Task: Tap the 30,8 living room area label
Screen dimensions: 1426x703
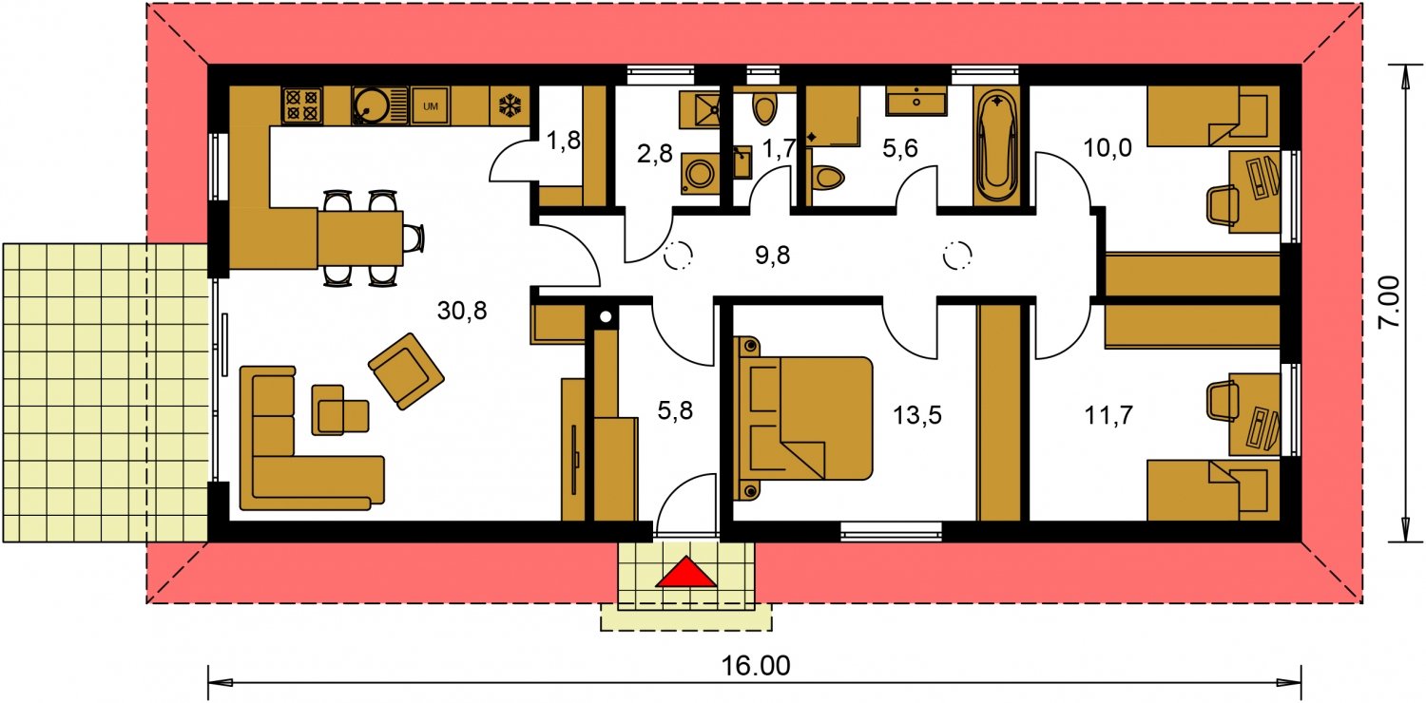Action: click(x=462, y=311)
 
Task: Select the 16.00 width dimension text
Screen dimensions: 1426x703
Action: click(x=756, y=666)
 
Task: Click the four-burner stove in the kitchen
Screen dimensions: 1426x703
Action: click(x=301, y=105)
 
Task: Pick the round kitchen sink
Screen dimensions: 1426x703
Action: click(x=368, y=105)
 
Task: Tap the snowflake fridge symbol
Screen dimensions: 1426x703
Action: click(x=510, y=105)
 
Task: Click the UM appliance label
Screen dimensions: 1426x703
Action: click(x=431, y=106)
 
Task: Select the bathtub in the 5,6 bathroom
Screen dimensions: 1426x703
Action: click(x=996, y=145)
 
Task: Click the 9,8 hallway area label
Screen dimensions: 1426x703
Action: click(x=772, y=256)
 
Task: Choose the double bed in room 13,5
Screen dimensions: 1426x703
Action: click(x=803, y=417)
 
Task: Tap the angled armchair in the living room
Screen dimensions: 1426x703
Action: click(x=406, y=370)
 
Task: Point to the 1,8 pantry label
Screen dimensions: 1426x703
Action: click(x=564, y=140)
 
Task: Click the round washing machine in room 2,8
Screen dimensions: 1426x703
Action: click(x=700, y=173)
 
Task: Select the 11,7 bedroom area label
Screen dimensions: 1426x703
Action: click(x=1108, y=415)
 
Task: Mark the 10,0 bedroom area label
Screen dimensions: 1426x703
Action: click(x=1108, y=147)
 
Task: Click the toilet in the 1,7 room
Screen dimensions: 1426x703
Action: click(x=764, y=109)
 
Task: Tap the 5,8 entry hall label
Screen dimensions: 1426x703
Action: click(x=675, y=410)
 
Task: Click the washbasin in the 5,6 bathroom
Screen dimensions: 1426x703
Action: click(x=916, y=101)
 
